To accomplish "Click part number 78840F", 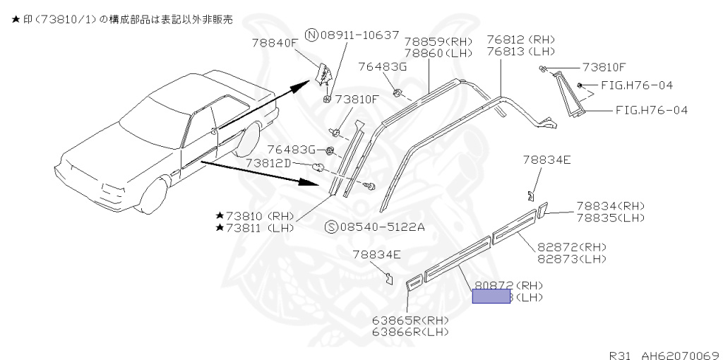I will [275, 43].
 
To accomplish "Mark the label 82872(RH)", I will [572, 247].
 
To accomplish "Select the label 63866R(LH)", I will [411, 331].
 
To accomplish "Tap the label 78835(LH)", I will [610, 217].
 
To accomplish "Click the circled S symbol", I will [330, 227].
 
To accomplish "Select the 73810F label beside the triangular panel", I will [604, 67].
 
